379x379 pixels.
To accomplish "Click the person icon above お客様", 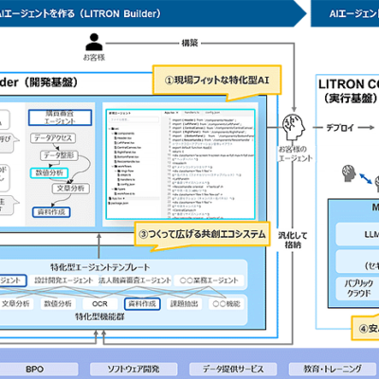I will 92,42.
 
